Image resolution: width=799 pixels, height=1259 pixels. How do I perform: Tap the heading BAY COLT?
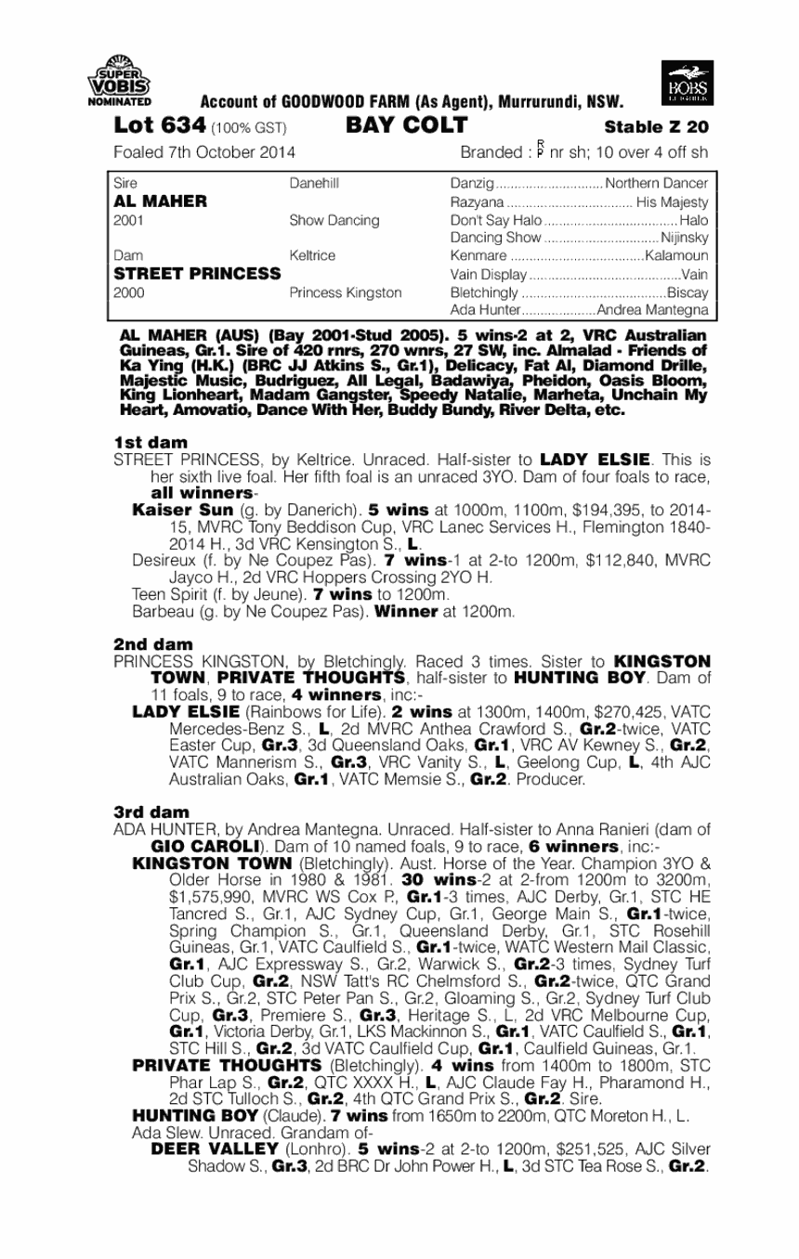click(x=406, y=125)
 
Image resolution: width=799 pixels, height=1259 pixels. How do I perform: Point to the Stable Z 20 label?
click(x=656, y=126)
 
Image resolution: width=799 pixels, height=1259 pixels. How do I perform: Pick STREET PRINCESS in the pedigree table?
click(x=197, y=273)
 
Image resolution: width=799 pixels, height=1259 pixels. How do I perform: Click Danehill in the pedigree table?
click(x=314, y=184)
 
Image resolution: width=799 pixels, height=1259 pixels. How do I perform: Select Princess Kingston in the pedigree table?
click(x=346, y=292)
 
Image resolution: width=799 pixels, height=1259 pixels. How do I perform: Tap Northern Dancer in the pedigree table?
click(x=657, y=184)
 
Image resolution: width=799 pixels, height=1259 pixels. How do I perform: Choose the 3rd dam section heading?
click(x=151, y=811)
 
